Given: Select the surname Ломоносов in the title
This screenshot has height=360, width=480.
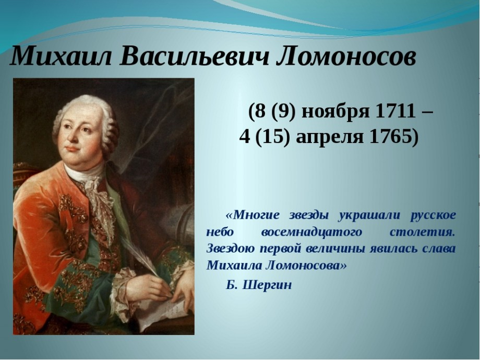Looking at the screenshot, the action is tap(346, 56).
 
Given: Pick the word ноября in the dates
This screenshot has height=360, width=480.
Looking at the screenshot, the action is tap(335, 113).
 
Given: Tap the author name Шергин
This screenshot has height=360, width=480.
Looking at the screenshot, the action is tap(267, 285).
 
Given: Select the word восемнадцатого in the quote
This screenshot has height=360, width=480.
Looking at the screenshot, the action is tap(311, 232).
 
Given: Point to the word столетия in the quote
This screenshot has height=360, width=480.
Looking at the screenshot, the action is tap(423, 232).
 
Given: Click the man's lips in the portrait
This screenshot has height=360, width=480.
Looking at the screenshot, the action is tap(72, 149).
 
